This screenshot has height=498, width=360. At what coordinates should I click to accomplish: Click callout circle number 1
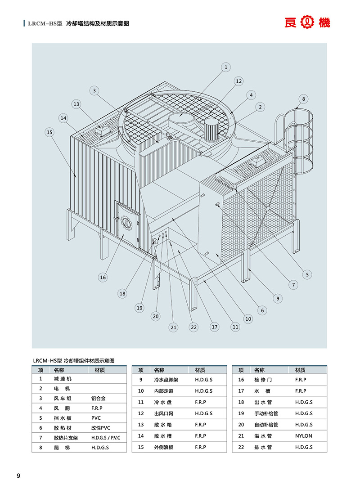226,67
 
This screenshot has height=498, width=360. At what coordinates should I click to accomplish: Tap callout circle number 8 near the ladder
303,98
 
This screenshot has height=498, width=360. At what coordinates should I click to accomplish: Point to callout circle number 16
103,277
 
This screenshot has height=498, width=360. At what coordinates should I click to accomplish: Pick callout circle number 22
194,327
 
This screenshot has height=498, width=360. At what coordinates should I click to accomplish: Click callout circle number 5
307,274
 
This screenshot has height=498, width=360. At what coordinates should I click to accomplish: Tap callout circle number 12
238,81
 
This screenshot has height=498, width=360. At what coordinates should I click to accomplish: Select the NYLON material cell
304,436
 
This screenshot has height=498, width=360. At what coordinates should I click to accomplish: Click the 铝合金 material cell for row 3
99,398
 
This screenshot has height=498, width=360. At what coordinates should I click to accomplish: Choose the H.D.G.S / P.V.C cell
106,438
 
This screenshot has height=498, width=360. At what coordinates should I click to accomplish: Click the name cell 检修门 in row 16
263,380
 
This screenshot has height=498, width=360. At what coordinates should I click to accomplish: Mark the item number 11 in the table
141,402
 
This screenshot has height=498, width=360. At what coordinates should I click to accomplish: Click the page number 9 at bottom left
18,476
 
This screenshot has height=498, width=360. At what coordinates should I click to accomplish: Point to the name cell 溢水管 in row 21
263,436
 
